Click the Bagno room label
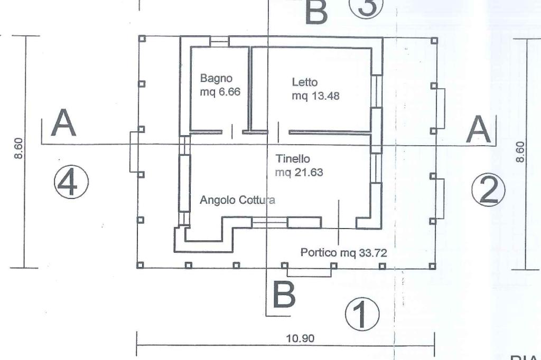click(216, 78)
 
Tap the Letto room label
click(305, 82)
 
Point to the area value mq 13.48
click(315, 96)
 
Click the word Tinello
click(293, 158)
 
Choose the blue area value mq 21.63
click(299, 172)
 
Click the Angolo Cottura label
click(237, 200)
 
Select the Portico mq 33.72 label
click(343, 253)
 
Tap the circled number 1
click(362, 314)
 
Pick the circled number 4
click(71, 183)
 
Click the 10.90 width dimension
click(300, 338)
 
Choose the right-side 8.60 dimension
click(520, 152)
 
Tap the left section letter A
click(63, 124)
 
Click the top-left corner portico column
click(142, 39)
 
